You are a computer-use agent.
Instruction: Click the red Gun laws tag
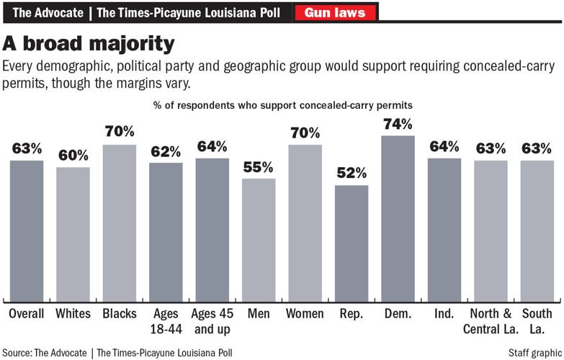pyautogui.click(x=335, y=12)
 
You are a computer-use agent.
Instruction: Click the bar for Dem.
pyautogui.click(x=398, y=218)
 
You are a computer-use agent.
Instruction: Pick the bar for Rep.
pyautogui.click(x=352, y=243)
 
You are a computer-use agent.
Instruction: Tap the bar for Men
pyautogui.click(x=259, y=240)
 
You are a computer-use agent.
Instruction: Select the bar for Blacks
pyautogui.click(x=119, y=223)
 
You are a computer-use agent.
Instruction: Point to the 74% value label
pyautogui.click(x=398, y=124)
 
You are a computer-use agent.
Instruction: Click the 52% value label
pyautogui.click(x=352, y=174)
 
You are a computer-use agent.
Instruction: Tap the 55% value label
pyautogui.click(x=259, y=167)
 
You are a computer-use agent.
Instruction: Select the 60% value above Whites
pyautogui.click(x=73, y=156)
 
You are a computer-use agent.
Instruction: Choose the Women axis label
pyautogui.click(x=305, y=315)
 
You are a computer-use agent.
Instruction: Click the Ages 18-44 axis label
pyautogui.click(x=166, y=320)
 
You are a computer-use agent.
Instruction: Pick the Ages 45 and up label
pyautogui.click(x=212, y=320)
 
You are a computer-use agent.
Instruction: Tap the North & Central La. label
pyautogui.click(x=491, y=320)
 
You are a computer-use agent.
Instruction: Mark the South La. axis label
pyautogui.click(x=537, y=320)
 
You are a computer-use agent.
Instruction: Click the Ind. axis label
pyautogui.click(x=444, y=315)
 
